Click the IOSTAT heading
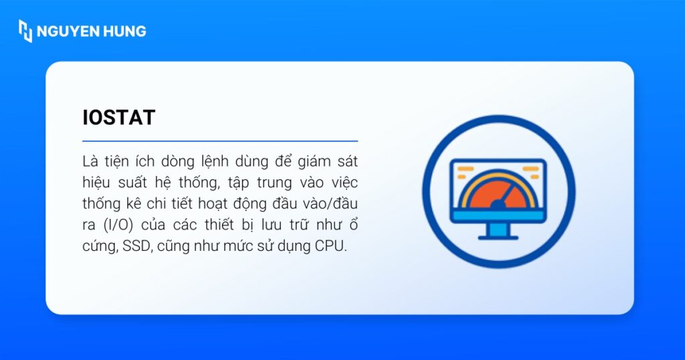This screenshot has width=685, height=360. coord(118,118)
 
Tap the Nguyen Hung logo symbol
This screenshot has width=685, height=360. coord(25,31)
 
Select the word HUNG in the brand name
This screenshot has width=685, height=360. coord(124,31)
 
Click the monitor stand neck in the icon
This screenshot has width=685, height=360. coord(498,229)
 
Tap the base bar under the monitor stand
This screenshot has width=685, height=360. coord(498,238)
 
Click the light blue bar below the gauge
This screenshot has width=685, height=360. coord(498,215)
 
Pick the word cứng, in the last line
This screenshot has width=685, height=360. coord(100,246)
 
